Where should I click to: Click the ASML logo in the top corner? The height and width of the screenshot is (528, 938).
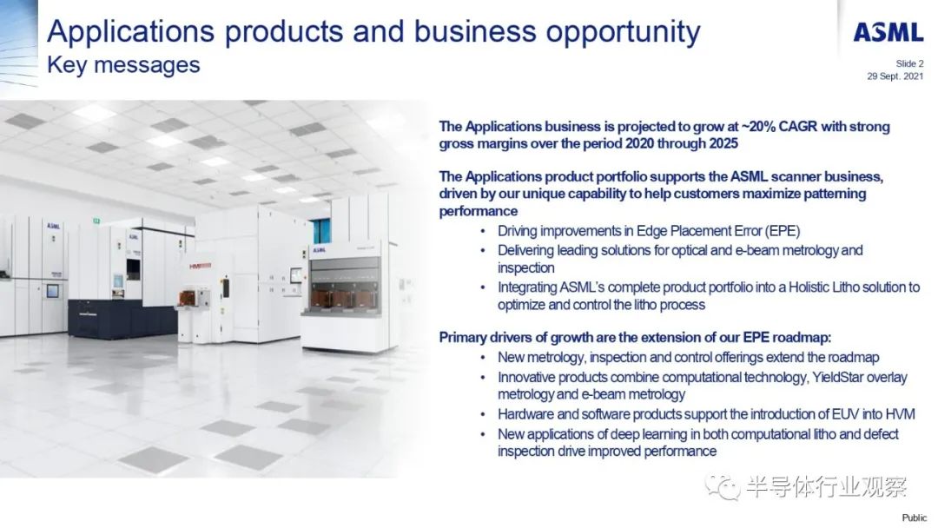888,32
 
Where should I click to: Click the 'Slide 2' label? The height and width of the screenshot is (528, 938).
909,63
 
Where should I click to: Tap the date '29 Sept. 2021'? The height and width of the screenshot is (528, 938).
895,76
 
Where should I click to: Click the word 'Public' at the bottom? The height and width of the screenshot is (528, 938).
914,518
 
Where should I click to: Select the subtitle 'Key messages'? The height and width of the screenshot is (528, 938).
123,65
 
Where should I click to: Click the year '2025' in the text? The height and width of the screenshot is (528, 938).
723,143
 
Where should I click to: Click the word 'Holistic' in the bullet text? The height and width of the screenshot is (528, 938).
809,287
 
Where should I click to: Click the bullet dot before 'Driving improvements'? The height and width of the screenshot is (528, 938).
484,231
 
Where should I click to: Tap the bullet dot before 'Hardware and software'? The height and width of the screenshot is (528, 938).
484,414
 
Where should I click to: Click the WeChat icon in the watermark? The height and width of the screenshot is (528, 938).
722,486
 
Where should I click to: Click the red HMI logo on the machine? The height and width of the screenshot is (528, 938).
200,266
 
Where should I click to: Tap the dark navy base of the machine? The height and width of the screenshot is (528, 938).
122,318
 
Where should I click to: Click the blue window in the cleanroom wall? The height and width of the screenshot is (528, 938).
322,231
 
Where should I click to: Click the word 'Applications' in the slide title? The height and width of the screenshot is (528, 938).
130,32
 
